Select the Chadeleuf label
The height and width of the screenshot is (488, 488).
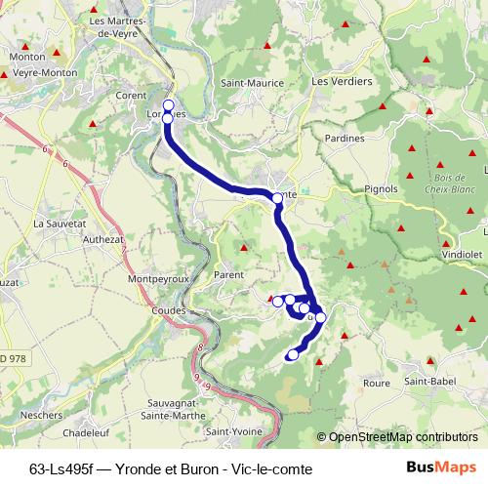click(x=90, y=432)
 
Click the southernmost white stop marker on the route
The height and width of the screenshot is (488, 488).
click(x=292, y=354)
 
